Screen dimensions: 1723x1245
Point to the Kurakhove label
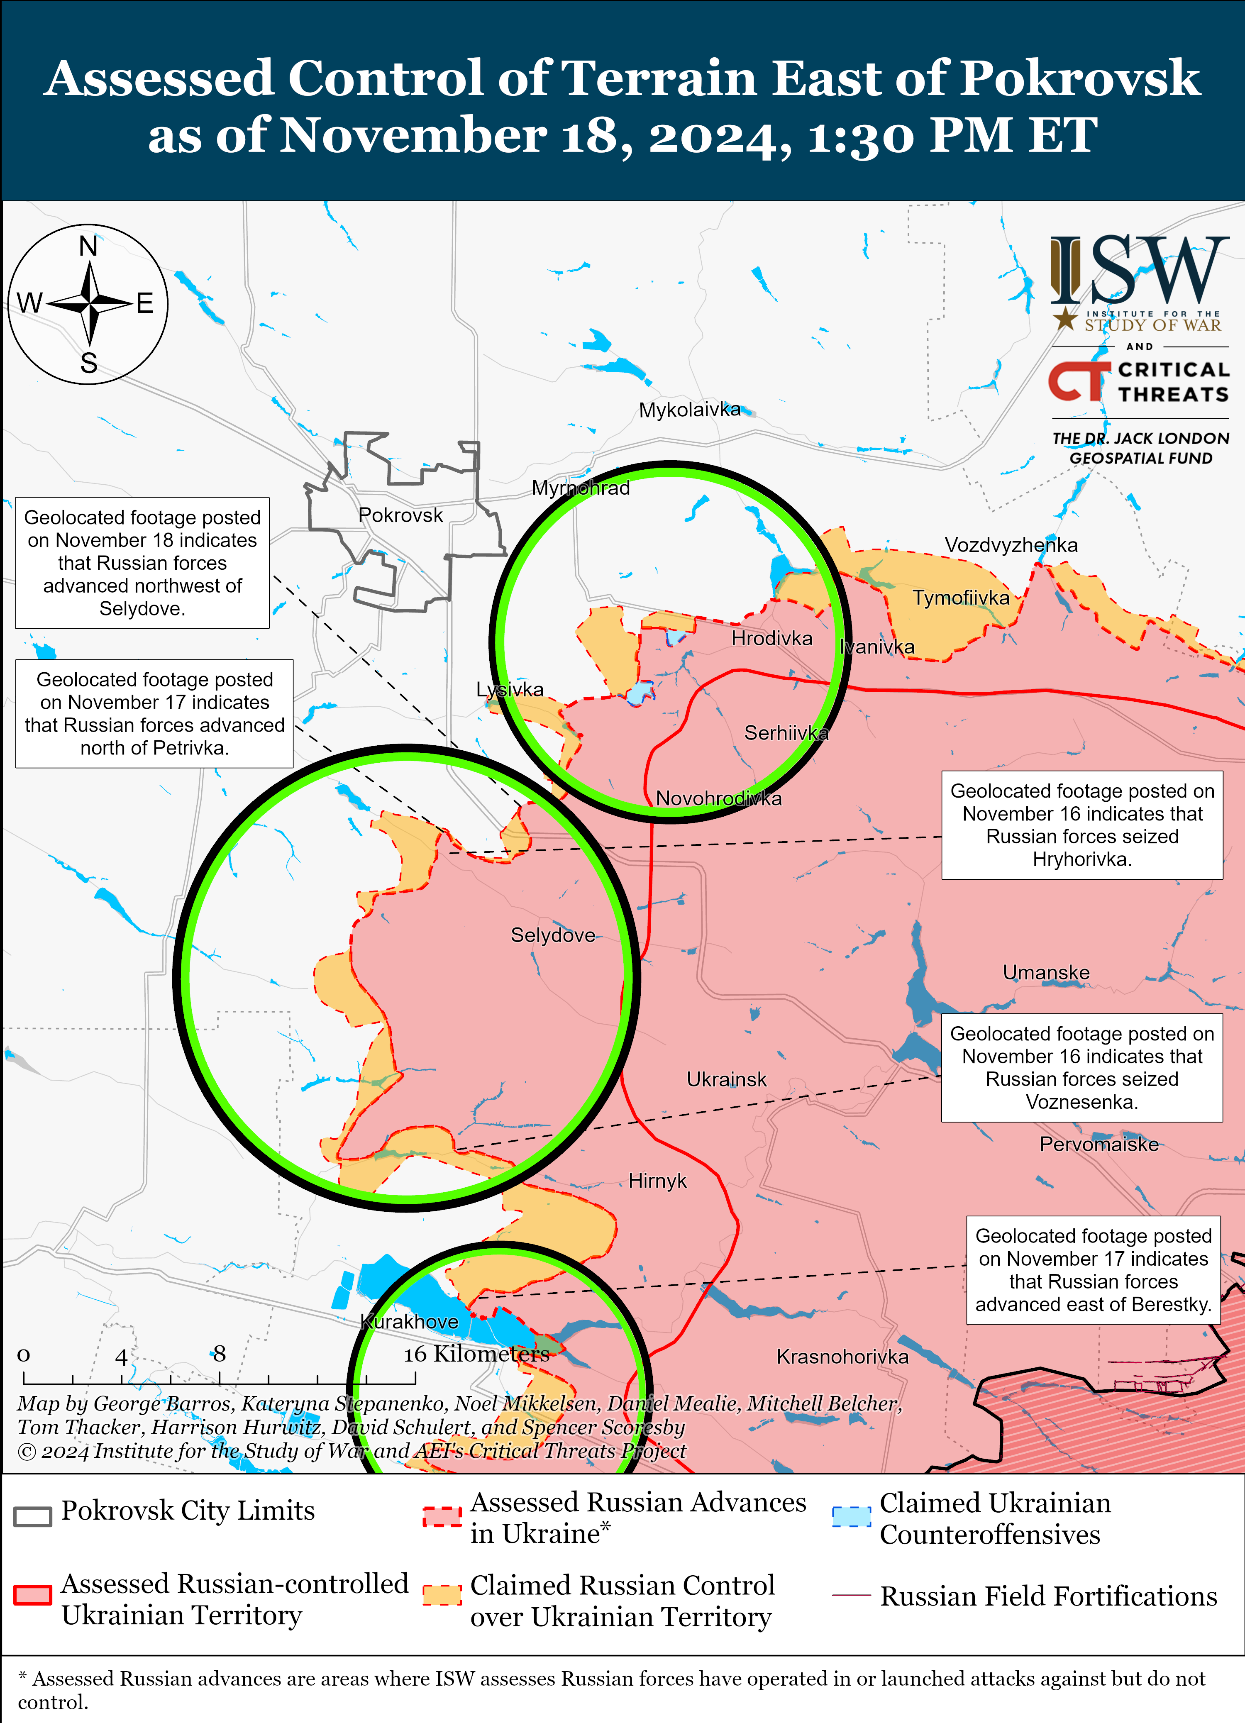(x=410, y=1321)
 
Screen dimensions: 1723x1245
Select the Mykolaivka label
(x=689, y=410)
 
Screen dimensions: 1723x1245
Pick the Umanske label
(x=1046, y=972)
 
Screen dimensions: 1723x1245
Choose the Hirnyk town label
(x=657, y=1181)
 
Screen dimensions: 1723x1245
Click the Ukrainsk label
(x=726, y=1079)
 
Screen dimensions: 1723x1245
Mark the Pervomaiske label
(x=1099, y=1144)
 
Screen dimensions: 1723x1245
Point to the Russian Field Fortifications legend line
(x=851, y=1595)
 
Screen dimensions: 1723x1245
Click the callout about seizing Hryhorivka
(x=1081, y=825)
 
